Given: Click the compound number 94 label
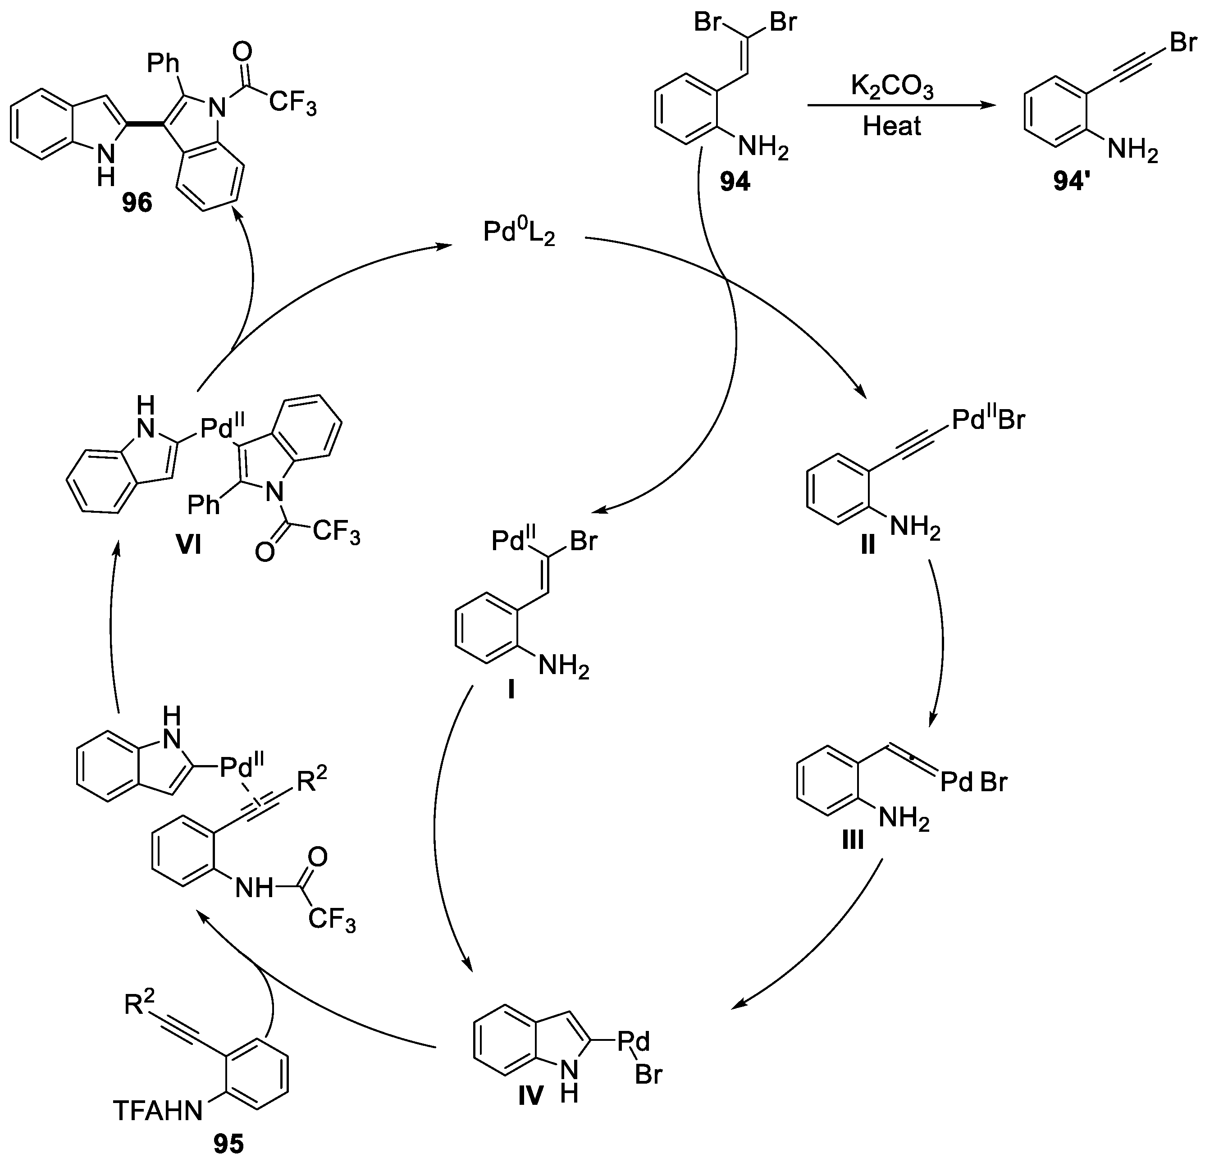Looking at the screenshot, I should click(x=735, y=182).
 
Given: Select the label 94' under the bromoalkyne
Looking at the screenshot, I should click(x=1072, y=182).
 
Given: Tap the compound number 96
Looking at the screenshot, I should click(x=137, y=202).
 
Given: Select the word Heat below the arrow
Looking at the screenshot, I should click(x=891, y=127).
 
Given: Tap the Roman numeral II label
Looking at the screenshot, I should click(x=867, y=545).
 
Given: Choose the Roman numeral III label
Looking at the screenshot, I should click(x=853, y=840).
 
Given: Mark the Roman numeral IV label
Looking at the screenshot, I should click(x=530, y=1095).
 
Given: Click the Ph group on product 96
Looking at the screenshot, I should click(x=164, y=63).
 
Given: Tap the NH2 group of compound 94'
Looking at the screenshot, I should click(x=1132, y=150).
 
